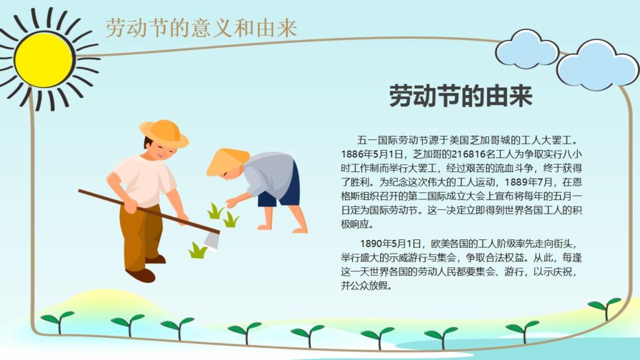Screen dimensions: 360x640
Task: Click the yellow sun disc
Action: pos(44,59)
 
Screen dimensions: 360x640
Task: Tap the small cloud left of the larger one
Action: pos(526,50)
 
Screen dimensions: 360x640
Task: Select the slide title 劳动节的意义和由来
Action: pos(201,27)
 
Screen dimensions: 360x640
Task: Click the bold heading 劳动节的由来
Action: pos(461,97)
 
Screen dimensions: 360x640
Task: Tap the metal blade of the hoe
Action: pos(212,239)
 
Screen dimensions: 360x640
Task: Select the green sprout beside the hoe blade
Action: pos(197,251)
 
